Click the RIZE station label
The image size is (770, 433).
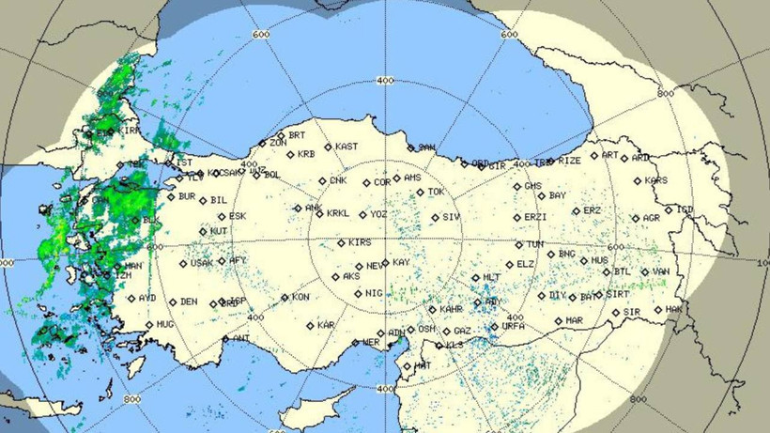pos(570,161)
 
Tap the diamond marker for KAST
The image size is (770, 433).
pos(329,147)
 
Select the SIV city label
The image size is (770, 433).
pos(452,218)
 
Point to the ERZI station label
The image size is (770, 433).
pos(535,218)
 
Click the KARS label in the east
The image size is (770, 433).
pos(657,180)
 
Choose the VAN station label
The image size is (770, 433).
pos(661,272)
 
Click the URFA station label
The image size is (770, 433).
pos(514,327)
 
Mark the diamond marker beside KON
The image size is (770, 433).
pos(285,299)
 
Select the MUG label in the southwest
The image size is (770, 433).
pos(165,324)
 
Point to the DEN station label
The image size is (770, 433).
pos(189,302)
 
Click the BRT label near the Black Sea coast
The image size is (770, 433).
pos(297,135)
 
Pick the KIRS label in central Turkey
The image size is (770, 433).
pos(359,242)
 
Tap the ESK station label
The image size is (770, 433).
pos(238,216)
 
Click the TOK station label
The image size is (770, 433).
pos(436,193)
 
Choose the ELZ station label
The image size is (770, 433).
pos(526,265)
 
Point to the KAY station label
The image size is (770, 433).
pos(401,262)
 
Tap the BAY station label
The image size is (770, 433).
pos(558,196)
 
